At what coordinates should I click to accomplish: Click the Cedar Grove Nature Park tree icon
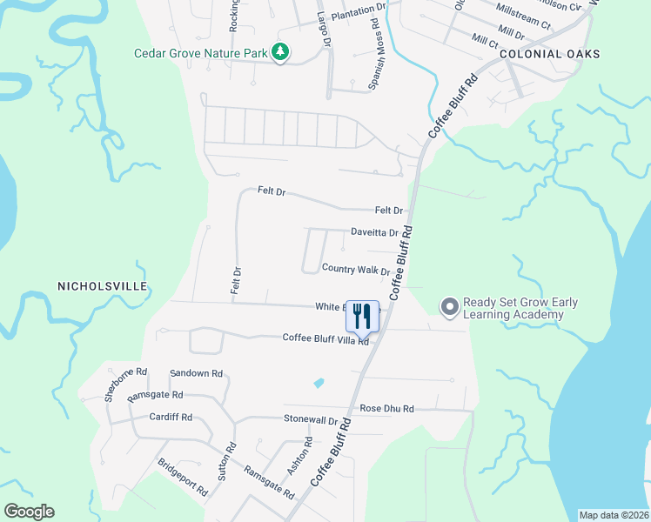click(280, 53)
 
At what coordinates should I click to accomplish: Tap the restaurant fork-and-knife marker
click(363, 316)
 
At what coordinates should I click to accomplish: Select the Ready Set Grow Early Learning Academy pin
click(449, 307)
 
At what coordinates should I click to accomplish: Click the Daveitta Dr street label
click(374, 233)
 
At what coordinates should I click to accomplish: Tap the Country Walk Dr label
click(355, 270)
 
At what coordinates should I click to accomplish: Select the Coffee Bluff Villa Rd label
click(325, 339)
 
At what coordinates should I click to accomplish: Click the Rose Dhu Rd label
click(386, 408)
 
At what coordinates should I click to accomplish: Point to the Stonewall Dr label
click(310, 419)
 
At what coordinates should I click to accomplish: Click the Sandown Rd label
click(197, 373)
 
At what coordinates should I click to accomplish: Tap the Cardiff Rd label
click(170, 417)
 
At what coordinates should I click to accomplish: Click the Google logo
click(30, 512)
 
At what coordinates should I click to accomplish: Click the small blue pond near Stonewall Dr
click(319, 383)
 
